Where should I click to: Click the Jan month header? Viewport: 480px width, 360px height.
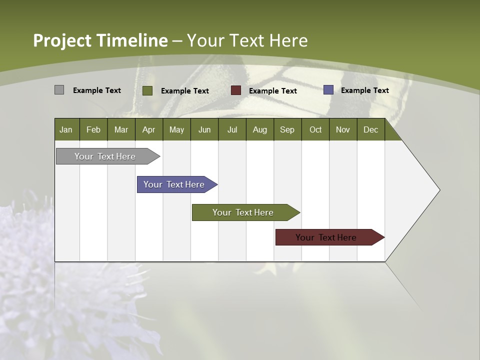tap(66, 129)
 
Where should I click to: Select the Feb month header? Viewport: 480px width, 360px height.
tap(93, 129)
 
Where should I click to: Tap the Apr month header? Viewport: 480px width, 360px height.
tap(148, 129)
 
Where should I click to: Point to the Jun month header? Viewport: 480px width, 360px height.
tap(204, 129)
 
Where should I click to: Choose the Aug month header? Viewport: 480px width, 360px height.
tap(259, 129)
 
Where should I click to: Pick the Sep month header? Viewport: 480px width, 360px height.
tap(287, 129)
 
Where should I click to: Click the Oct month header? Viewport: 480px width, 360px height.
tap(315, 129)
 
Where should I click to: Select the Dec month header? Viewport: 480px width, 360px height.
tap(370, 129)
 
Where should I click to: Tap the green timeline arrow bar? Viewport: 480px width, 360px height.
tap(243, 212)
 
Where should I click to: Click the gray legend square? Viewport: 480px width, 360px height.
tap(59, 90)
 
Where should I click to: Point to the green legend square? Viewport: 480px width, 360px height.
tap(147, 90)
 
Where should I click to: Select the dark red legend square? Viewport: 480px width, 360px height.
tap(236, 90)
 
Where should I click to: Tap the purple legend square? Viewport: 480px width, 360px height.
tap(328, 90)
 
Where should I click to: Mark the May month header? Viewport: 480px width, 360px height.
tap(176, 129)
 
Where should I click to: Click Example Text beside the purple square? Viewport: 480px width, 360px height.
tap(364, 90)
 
